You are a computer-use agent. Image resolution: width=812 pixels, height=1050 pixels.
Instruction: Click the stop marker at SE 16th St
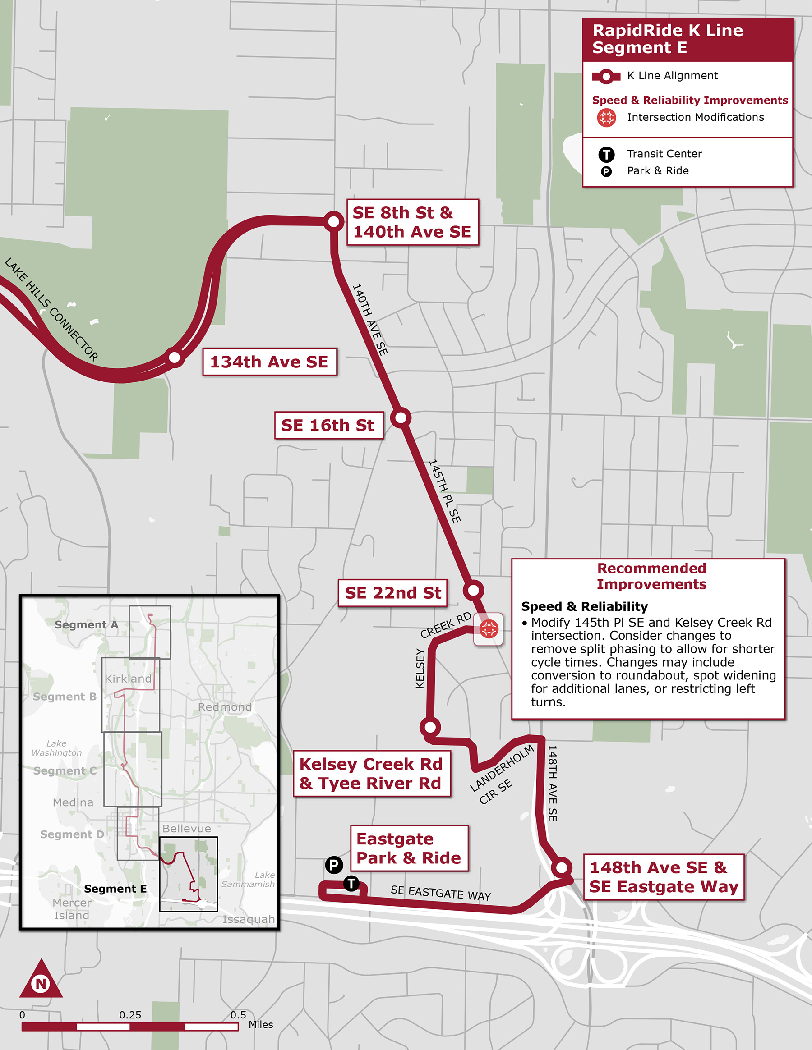tap(400, 417)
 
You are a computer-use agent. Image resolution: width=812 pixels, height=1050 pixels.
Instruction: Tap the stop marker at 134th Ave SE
tap(175, 357)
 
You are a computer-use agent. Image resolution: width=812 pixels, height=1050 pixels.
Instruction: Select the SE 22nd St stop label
tap(392, 593)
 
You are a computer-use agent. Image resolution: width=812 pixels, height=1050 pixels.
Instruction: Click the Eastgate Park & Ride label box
tap(409, 848)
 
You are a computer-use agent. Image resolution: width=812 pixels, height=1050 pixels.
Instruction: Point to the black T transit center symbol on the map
tap(351, 883)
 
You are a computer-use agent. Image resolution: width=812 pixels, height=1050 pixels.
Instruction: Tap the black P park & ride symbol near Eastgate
tap(334, 865)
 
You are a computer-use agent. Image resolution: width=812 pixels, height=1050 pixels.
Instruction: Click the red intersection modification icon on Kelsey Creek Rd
tap(489, 628)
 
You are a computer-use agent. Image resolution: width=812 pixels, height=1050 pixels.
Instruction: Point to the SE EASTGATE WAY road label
tap(441, 893)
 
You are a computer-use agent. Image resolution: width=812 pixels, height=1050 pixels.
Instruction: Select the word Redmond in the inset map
tap(225, 707)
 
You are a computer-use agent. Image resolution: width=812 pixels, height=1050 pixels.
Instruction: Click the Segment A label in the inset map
tap(86, 624)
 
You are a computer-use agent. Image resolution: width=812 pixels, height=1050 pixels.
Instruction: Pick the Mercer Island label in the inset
tap(72, 908)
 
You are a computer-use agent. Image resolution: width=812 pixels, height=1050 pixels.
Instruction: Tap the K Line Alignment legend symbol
tap(606, 76)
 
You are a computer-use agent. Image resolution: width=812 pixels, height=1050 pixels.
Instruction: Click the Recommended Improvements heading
tap(651, 576)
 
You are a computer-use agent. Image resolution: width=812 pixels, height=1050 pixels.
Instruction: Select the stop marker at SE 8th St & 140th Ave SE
tap(333, 222)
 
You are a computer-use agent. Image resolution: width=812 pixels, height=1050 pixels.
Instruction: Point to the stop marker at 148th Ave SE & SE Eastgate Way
tap(561, 867)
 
